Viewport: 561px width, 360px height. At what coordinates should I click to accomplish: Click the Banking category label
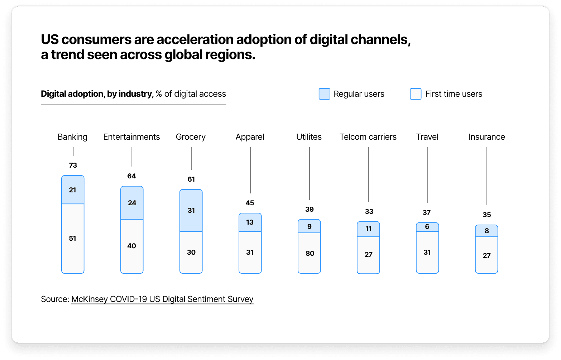click(72, 137)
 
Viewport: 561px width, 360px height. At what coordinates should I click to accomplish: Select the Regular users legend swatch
click(324, 94)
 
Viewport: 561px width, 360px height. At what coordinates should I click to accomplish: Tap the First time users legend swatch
click(416, 94)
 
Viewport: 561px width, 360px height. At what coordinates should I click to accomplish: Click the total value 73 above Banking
click(73, 165)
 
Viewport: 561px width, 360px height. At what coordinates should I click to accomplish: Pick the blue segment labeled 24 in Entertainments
click(132, 203)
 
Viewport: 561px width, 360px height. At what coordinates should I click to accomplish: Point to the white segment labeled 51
click(73, 238)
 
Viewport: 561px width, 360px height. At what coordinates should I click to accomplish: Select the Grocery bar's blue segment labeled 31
click(191, 210)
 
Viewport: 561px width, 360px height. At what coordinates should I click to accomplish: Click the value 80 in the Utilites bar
click(310, 253)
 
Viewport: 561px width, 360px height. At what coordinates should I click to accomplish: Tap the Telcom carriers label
click(368, 137)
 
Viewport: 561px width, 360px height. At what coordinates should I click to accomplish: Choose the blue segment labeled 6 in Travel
click(427, 227)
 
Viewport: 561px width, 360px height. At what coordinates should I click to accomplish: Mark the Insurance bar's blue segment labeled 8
click(486, 231)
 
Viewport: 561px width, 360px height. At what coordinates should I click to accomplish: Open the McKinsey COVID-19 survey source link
click(162, 299)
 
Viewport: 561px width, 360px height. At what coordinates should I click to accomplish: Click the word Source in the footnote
click(54, 299)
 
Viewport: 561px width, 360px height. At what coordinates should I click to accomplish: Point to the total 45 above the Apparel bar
click(250, 203)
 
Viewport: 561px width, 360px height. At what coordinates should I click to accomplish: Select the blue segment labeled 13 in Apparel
click(250, 222)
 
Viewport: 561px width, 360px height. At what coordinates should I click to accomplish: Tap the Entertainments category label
click(131, 137)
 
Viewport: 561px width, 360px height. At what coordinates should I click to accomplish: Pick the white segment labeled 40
click(132, 246)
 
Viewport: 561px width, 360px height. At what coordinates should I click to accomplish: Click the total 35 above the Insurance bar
click(486, 215)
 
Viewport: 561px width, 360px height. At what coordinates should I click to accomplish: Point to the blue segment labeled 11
click(368, 229)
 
